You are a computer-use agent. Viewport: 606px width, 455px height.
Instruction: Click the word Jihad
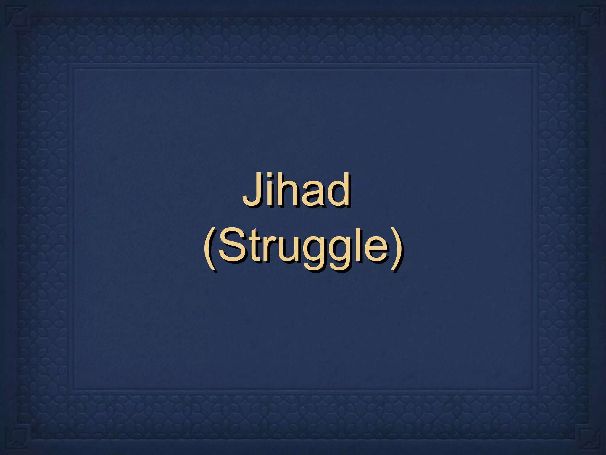[296, 190]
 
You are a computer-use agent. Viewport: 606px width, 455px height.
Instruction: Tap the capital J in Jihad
[252, 190]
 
